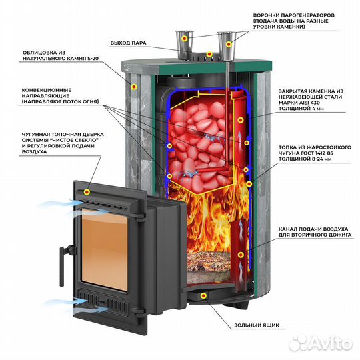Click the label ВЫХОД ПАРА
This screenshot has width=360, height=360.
(x=128, y=43)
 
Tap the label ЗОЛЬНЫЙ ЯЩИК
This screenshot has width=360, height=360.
(x=257, y=325)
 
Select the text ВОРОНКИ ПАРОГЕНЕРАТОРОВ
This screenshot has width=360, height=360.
(x=293, y=15)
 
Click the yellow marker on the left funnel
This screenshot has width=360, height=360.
(x=185, y=39)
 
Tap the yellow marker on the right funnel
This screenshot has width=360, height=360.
(x=229, y=44)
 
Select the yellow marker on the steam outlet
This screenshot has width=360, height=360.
(x=209, y=55)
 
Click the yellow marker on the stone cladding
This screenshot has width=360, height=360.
(x=134, y=87)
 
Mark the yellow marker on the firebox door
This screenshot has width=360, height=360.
(x=87, y=192)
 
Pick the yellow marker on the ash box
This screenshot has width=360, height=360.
(x=203, y=296)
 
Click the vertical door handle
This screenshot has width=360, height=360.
(x=62, y=266)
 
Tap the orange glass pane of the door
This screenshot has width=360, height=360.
(x=105, y=249)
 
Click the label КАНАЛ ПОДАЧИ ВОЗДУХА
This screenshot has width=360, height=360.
(x=313, y=229)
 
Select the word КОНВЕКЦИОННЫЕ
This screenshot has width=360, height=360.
(x=47, y=90)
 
